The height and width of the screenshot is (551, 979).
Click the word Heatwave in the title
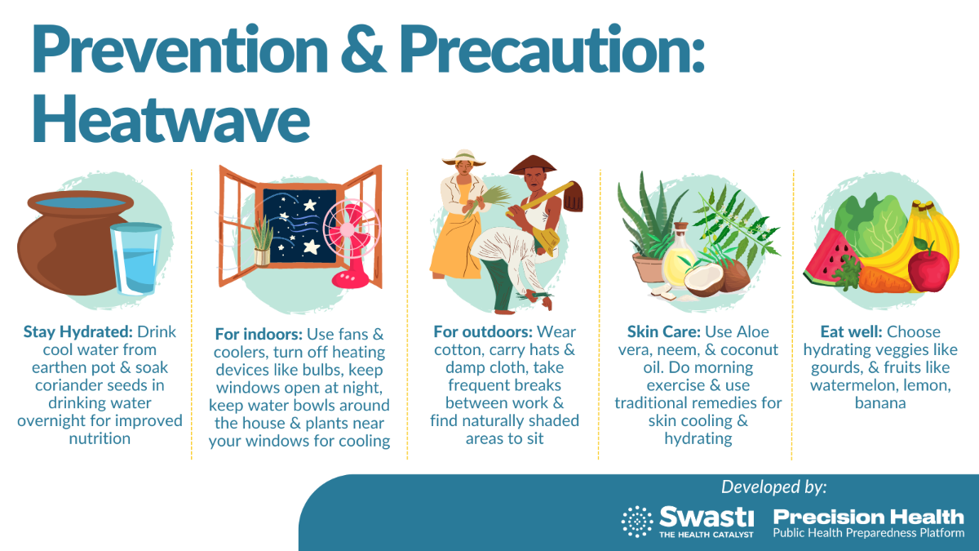(x=171, y=118)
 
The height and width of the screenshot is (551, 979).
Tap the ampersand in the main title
(x=363, y=48)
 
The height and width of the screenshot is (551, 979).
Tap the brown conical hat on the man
(x=533, y=165)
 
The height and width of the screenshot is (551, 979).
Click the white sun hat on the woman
(x=463, y=158)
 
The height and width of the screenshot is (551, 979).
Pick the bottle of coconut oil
(x=679, y=258)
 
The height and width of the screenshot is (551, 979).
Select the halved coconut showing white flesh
(x=703, y=280)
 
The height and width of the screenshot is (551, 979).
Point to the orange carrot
(x=883, y=280)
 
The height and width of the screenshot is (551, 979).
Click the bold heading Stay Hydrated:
(x=78, y=332)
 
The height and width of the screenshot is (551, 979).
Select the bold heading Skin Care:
(x=664, y=332)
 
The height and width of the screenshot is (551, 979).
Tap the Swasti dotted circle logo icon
(x=637, y=522)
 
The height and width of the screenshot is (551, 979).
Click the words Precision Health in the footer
(x=868, y=517)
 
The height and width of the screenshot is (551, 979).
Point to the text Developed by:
(x=774, y=487)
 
